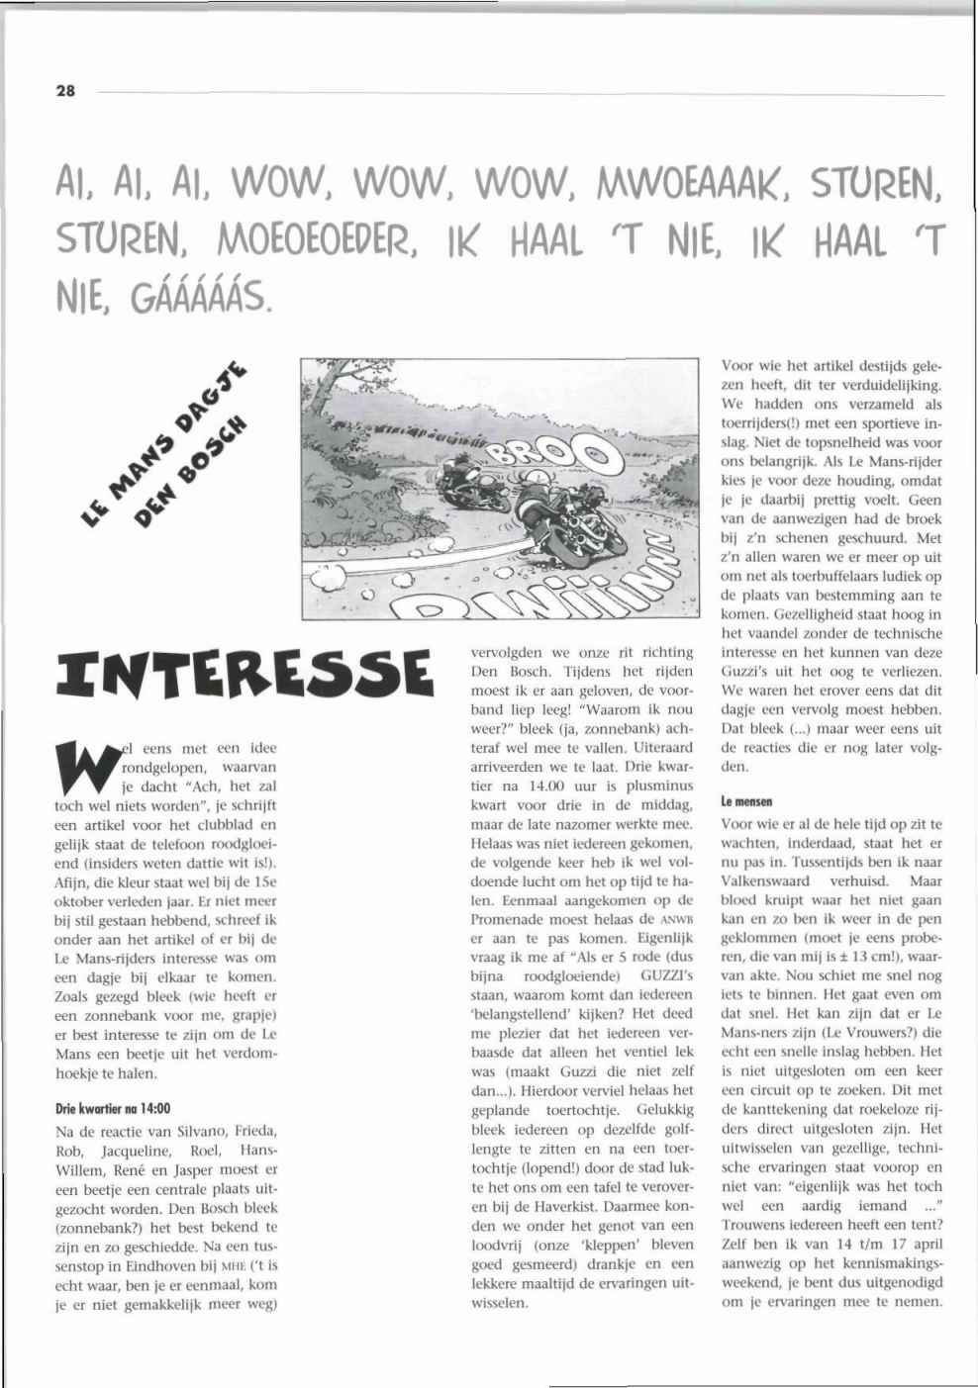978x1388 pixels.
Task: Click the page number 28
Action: tap(65, 91)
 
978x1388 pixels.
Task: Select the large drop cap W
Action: tap(82, 767)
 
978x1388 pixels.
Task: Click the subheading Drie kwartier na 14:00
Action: tap(113, 1109)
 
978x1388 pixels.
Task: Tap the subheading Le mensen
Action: tap(746, 801)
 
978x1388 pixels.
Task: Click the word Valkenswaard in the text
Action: tap(766, 880)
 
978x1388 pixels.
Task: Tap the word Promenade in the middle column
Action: tap(508, 919)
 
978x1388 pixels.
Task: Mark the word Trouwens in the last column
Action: tap(756, 1225)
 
